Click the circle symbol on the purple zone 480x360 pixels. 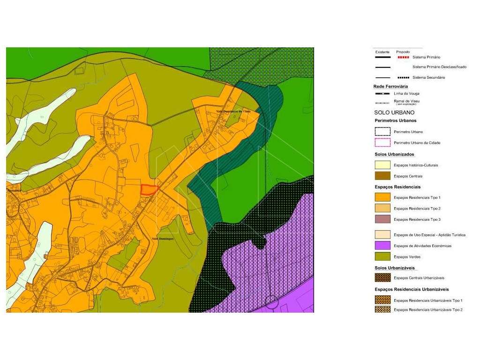coord(271,302)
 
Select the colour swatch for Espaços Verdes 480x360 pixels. coord(382,256)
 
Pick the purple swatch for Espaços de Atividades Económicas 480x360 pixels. coord(382,246)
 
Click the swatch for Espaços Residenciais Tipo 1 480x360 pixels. coord(382,197)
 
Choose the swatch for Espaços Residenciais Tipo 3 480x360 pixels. coord(382,219)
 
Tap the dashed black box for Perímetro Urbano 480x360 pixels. coord(382,132)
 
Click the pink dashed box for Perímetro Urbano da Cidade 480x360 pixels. coord(382,142)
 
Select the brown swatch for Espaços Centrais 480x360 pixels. coord(382,176)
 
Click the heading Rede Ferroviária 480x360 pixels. coord(390,87)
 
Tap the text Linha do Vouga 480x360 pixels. coord(406,93)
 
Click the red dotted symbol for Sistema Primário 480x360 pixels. coord(403,57)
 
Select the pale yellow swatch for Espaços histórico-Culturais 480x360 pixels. coord(382,165)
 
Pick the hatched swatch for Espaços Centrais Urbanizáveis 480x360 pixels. coord(382,277)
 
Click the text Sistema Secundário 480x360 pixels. coord(429,77)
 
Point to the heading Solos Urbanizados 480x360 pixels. coord(394,154)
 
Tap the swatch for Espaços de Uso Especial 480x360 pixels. coord(382,235)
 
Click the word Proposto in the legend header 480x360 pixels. coord(403,52)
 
